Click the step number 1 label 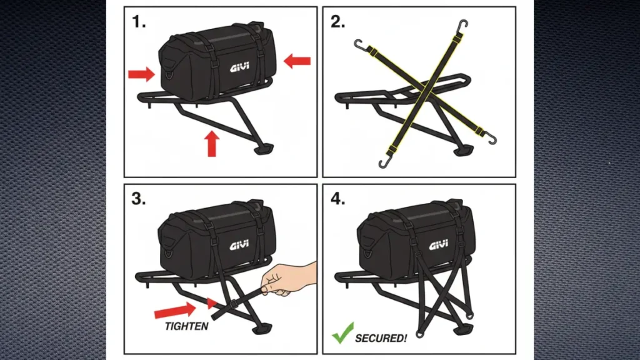139,22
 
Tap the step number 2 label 338,22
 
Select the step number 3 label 139,199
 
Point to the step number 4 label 338,199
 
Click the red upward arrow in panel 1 211,143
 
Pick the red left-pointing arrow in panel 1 297,61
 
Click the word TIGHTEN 187,326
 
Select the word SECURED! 381,338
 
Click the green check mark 342,333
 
